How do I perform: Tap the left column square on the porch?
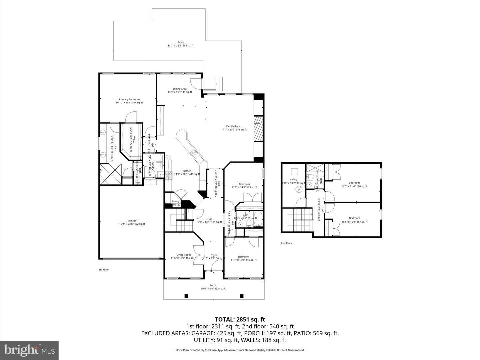pyautogui.click(x=186, y=296)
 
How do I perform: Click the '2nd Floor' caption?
pyautogui.click(x=286, y=243)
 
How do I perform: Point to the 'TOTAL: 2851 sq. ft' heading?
pyautogui.click(x=240, y=320)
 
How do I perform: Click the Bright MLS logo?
pyautogui.click(x=29, y=350)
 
